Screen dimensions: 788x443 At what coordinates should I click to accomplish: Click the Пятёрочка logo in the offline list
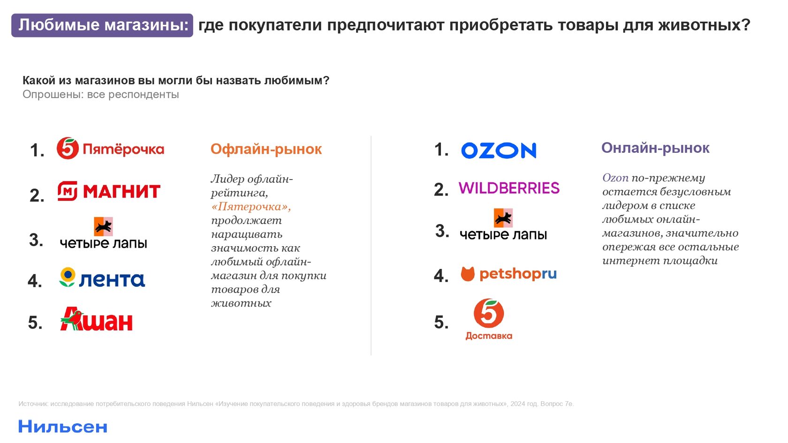110,148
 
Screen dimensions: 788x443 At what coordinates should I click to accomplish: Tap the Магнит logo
109,191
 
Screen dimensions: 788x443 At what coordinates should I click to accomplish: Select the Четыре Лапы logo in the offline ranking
103,233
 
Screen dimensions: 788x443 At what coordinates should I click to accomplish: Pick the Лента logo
102,278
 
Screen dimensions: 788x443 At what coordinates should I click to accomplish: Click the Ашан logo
97,319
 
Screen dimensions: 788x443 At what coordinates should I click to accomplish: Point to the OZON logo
499,150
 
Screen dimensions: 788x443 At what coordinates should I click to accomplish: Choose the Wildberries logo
509,188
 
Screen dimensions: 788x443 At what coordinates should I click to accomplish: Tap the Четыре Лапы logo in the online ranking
503,224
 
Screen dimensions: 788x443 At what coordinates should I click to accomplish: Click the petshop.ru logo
508,274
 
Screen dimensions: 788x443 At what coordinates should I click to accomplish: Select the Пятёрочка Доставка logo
489,319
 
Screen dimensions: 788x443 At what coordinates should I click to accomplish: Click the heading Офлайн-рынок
266,149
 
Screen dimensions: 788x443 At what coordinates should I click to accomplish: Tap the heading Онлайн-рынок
655,148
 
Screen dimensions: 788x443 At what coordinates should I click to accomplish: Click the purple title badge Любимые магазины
102,25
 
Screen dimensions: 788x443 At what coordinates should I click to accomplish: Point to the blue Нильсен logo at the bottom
63,427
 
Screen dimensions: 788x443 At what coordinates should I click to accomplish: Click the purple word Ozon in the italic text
615,178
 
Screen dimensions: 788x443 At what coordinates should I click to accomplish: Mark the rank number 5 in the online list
441,322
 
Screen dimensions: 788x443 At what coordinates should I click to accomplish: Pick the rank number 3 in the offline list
36,240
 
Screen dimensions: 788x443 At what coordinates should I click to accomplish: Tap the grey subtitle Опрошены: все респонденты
101,95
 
